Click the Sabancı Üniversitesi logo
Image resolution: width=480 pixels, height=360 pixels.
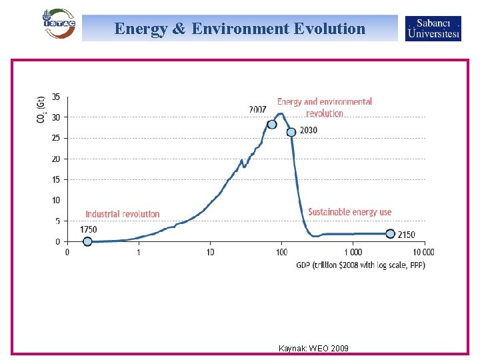coord(433,29)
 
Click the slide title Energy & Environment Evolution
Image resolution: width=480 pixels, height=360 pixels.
coord(240,29)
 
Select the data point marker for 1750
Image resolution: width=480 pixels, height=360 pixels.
coord(87,241)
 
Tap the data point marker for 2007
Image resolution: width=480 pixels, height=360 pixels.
coord(272,125)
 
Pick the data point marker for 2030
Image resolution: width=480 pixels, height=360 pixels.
coord(291,132)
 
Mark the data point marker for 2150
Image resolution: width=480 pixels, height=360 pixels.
coord(391,234)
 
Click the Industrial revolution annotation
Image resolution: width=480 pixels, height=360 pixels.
coord(123,214)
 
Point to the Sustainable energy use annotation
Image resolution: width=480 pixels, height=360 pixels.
coord(349,212)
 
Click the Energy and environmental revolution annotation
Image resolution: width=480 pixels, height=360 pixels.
coord(325,107)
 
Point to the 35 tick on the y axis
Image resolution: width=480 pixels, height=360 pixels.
coord(56,97)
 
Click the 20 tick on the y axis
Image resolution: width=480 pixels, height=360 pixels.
coord(56,159)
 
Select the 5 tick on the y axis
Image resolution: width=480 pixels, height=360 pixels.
coord(57,221)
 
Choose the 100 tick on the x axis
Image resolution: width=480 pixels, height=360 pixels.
coord(281,252)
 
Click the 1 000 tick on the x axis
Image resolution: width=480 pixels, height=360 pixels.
coord(353,252)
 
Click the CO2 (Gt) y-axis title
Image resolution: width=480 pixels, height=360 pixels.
coord(41,109)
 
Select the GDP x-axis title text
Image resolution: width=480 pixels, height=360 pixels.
coord(361,265)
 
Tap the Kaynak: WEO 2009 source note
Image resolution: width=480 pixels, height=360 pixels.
coord(313,349)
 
